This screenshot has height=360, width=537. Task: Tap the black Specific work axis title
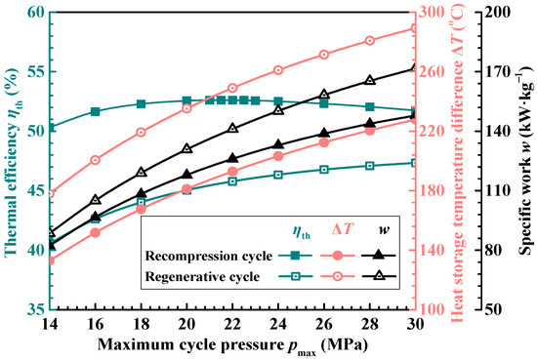tap(524, 160)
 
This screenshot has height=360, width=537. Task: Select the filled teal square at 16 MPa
tap(95, 111)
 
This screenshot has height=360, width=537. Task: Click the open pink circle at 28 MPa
tap(369, 41)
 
